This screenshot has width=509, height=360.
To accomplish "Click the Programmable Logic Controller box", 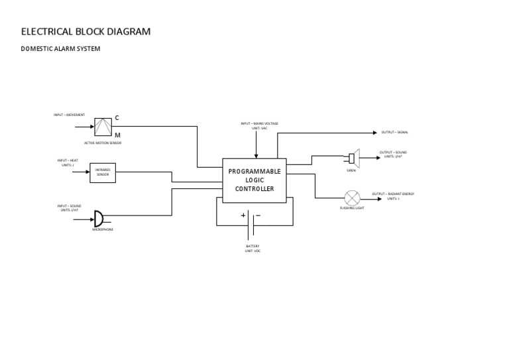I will point(254,180).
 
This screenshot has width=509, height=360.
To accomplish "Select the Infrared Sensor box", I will point(103,172).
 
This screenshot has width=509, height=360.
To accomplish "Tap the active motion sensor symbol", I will point(103,127).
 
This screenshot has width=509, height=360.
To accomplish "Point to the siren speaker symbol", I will point(353,158).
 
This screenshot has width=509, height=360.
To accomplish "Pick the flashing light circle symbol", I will point(352,198).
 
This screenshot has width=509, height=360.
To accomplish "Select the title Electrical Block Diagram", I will point(86,31).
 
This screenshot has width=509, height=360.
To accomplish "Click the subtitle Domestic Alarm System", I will point(60,49).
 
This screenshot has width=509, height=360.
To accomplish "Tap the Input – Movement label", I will point(69,115).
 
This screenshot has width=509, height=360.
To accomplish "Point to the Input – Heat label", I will point(68,162).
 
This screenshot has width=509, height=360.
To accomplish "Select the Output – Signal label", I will point(395,132).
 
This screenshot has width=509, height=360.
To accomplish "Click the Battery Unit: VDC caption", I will point(253,248).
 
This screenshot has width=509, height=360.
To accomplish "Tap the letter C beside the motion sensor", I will point(117,118).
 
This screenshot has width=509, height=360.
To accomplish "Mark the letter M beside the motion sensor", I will point(117,135).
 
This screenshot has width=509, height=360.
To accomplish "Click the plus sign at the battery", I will point(243,215).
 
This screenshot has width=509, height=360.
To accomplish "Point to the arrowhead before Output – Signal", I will point(374,132).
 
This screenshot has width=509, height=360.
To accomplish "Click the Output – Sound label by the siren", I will point(393,154).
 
